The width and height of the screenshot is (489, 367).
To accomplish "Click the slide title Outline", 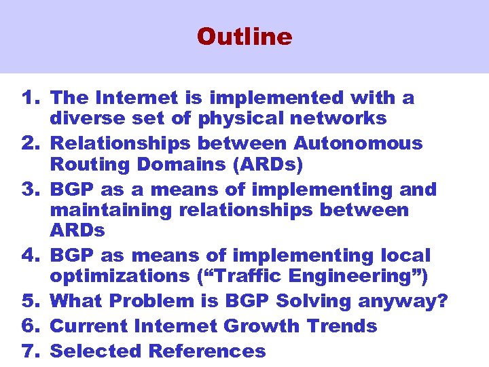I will pyautogui.click(x=244, y=36).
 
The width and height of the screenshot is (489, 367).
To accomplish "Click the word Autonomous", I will pyautogui.click(x=358, y=143).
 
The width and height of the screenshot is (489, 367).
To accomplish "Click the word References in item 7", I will pyautogui.click(x=206, y=351).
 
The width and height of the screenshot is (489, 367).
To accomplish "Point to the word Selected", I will pyautogui.click(x=96, y=351).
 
